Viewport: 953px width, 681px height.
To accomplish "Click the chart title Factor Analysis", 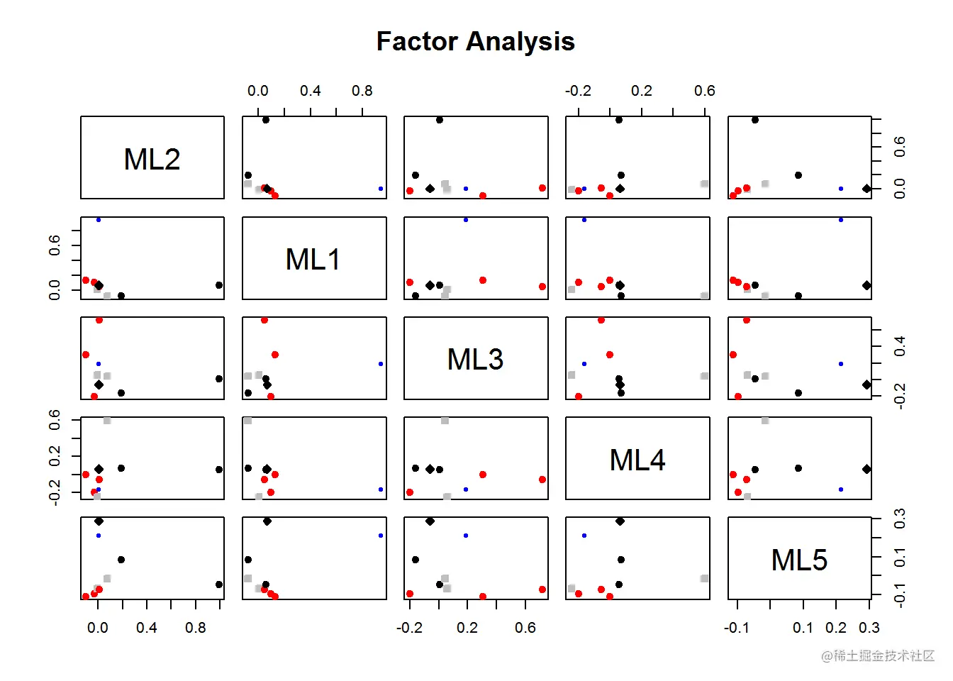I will [x=475, y=42].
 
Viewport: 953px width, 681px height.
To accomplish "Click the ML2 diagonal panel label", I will [x=152, y=159].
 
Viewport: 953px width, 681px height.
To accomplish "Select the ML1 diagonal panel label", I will [x=313, y=259].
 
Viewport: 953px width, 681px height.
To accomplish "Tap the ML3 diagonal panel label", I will [x=475, y=359].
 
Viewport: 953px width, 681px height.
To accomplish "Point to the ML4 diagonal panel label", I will [x=637, y=460].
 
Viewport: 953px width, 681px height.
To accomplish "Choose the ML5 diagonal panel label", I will [x=799, y=560].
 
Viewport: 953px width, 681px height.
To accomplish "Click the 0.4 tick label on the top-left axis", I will [x=310, y=91].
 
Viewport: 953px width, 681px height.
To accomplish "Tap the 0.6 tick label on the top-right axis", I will [x=705, y=91].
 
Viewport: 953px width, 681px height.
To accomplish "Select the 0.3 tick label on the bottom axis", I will [x=869, y=628].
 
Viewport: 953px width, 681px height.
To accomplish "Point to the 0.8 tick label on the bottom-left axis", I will [x=196, y=628].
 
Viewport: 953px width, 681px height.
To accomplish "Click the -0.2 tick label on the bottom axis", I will [x=409, y=628].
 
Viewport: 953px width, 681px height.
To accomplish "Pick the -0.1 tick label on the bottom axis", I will [x=737, y=628].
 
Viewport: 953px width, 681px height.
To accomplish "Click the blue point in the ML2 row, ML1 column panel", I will [x=381, y=189].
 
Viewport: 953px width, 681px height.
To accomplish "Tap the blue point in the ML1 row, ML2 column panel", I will [x=99, y=220].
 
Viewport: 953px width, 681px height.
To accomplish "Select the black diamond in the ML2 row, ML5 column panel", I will [x=866, y=189].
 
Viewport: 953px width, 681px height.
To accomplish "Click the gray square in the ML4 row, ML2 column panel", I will [x=107, y=421].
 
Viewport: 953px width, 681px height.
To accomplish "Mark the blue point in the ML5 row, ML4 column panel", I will [x=584, y=536].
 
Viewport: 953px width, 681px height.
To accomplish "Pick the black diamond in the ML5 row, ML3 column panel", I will [x=430, y=521].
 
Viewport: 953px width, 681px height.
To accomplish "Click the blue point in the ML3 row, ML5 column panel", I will [x=841, y=364].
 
